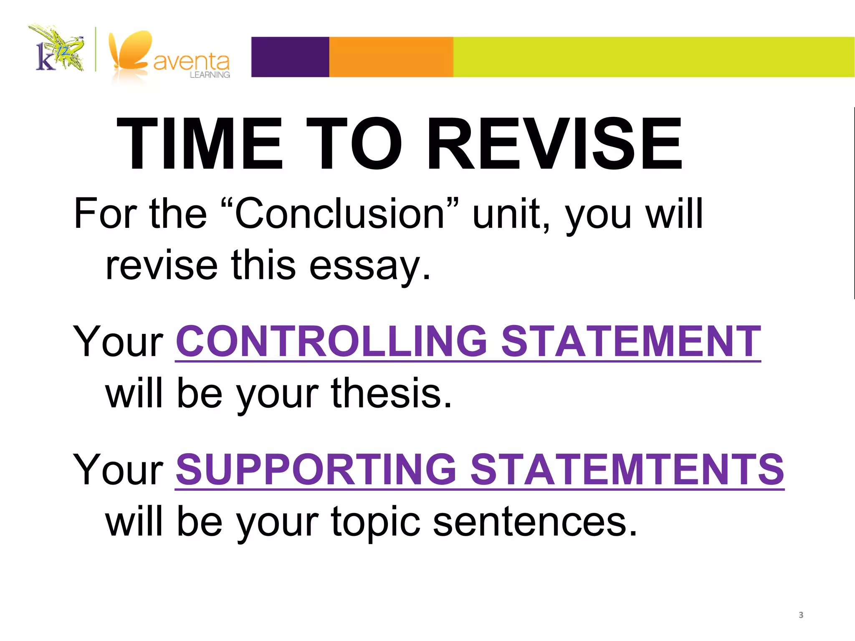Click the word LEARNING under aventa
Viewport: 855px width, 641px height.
pyautogui.click(x=210, y=75)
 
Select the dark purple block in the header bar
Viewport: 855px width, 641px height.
pyautogui.click(x=290, y=57)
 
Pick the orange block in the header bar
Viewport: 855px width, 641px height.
pyautogui.click(x=391, y=57)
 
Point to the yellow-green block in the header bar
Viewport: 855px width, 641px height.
pyautogui.click(x=653, y=57)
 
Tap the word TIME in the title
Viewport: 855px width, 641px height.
pyautogui.click(x=200, y=144)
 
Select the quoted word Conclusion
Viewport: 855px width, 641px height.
pyautogui.click(x=340, y=214)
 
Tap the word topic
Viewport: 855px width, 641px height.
pyautogui.click(x=376, y=522)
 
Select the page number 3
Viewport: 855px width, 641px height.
pyautogui.click(x=801, y=615)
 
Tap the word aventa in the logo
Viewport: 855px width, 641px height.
pyautogui.click(x=191, y=62)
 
